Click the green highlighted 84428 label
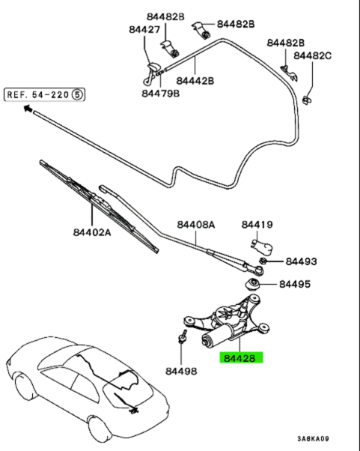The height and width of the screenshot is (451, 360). (241, 357)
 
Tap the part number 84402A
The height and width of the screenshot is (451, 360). (92, 231)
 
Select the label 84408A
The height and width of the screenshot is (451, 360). (196, 224)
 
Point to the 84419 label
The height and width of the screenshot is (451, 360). (257, 224)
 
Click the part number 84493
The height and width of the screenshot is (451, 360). (302, 261)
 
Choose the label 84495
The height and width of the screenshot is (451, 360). (295, 284)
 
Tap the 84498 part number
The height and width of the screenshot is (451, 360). (181, 372)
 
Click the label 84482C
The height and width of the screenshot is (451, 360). (313, 55)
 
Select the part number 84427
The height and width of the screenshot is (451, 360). (144, 30)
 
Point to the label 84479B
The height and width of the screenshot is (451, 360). (161, 94)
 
